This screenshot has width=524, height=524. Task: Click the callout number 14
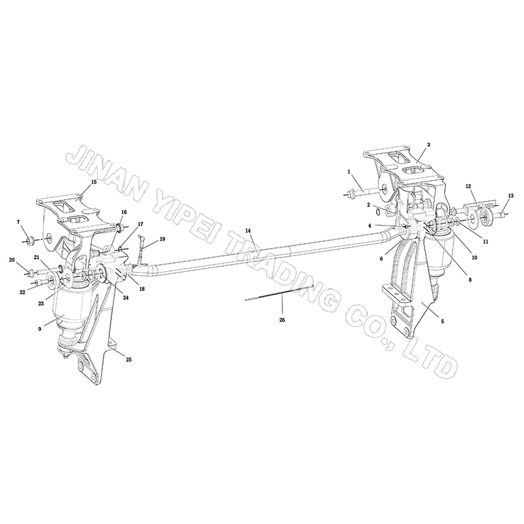tap(248, 231)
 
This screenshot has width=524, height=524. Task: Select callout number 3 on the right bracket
tap(428, 144)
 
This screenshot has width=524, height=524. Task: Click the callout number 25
tap(128, 360)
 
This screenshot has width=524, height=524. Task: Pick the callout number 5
tap(441, 322)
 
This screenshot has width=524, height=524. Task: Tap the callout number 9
tap(39, 328)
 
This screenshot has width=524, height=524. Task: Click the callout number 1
tap(350, 172)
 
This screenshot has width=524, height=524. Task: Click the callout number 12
tap(469, 186)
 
